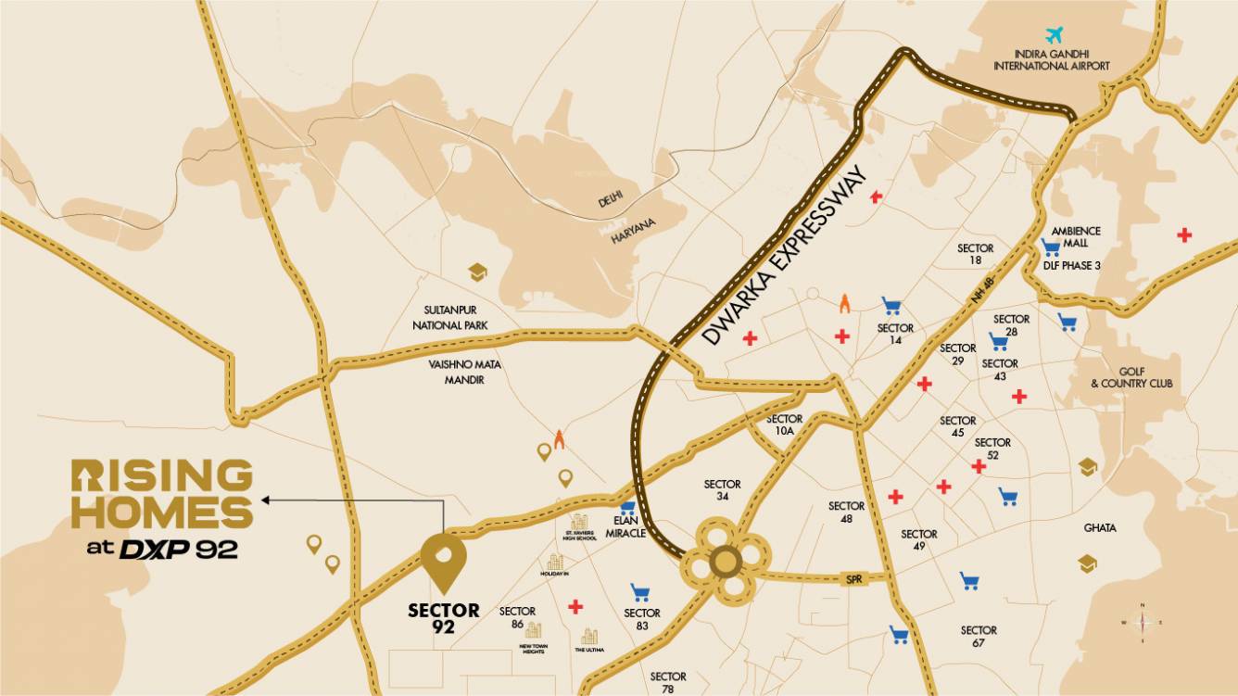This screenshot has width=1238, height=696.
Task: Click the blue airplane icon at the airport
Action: coord(1053,36)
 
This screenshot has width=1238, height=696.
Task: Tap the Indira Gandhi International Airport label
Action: coord(1051,60)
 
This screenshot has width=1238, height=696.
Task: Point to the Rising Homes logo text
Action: coord(162,496)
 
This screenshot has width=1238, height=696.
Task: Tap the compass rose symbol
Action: coord(1143,623)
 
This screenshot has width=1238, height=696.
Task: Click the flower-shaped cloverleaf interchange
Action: coord(725,562)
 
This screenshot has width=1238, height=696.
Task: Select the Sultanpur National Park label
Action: coord(450,318)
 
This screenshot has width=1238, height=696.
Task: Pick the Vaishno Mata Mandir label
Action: coord(464,372)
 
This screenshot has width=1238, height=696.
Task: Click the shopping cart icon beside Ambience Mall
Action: coord(1050,247)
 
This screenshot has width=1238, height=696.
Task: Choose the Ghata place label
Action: coord(1100,527)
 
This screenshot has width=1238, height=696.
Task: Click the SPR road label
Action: coord(853,578)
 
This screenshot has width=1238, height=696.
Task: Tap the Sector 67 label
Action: coord(979,636)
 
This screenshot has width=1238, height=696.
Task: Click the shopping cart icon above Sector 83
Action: coord(639,591)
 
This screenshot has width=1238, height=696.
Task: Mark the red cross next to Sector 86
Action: coord(575,607)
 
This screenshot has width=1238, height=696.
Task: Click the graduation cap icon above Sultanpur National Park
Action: coord(477,272)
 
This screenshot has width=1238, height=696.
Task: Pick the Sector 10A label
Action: coord(784,424)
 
